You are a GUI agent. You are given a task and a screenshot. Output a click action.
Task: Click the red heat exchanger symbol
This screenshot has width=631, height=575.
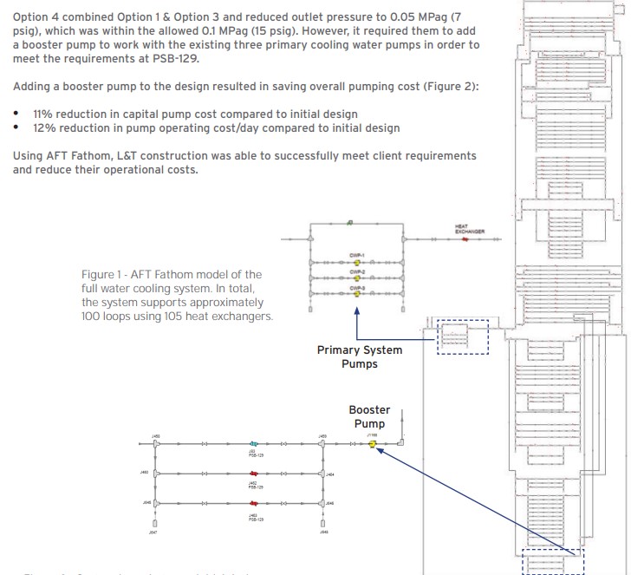coord(465,239)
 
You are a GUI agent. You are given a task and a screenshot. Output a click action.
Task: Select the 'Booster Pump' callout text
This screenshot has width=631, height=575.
coord(370,416)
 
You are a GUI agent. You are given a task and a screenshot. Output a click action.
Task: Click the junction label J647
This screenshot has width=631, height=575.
coord(155,533)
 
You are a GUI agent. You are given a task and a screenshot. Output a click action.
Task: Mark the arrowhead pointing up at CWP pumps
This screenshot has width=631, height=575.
coord(356,308)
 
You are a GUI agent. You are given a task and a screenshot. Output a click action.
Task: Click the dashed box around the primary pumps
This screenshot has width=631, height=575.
coord(462,337)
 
